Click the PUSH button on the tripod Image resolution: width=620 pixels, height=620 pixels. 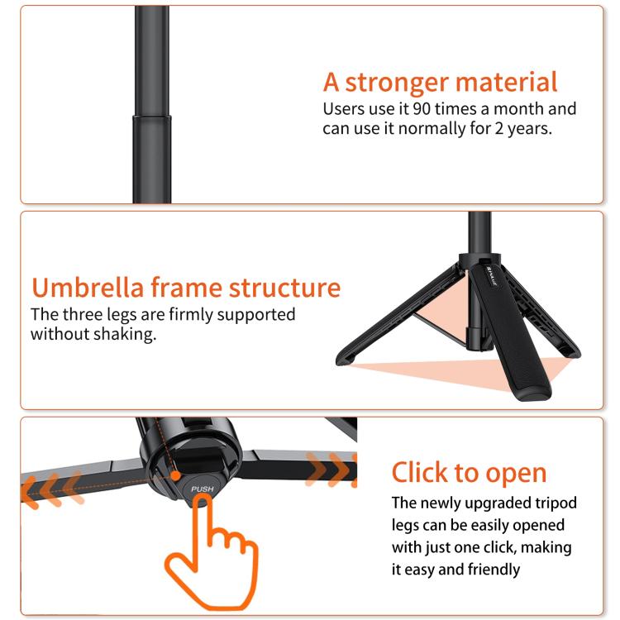coord(203,488)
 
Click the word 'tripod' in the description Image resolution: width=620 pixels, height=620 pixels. coord(553,503)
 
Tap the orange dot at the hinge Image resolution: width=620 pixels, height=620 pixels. coord(175,475)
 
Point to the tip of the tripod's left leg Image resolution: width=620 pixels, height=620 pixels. coord(341,360)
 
